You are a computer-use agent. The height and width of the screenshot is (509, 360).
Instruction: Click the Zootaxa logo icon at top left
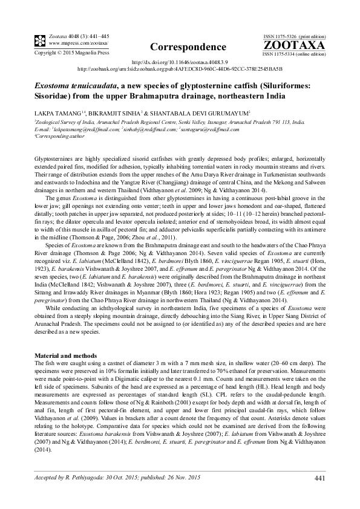click(x=40, y=41)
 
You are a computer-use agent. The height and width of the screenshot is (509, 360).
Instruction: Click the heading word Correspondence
click(x=179, y=47)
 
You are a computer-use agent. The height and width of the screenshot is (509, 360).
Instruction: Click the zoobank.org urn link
click(x=180, y=69)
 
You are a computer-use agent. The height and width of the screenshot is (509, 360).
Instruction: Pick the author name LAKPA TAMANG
click(x=61, y=113)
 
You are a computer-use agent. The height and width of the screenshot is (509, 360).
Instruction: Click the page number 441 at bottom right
click(x=320, y=479)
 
